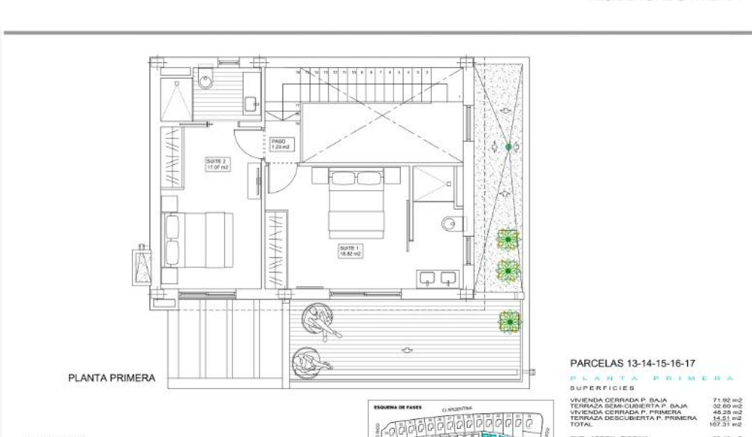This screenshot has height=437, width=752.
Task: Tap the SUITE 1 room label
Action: [x=348, y=251]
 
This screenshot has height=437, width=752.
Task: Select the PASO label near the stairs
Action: [x=279, y=144]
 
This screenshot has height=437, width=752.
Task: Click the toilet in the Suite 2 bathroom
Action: [x=204, y=80]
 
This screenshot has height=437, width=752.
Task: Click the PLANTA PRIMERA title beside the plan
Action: [x=111, y=378]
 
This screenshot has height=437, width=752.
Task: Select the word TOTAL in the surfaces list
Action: [x=580, y=424]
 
